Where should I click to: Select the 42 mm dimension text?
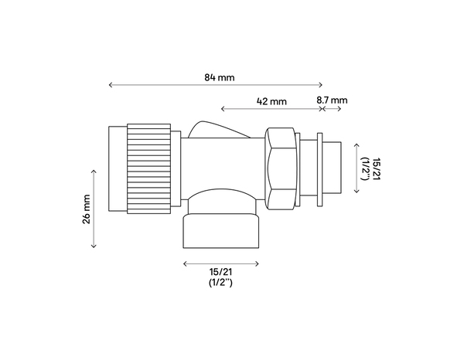click(x=271, y=101)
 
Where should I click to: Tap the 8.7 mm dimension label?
click(x=333, y=101)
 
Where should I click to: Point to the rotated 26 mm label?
click(x=87, y=209)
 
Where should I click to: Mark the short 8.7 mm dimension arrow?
click(x=333, y=109)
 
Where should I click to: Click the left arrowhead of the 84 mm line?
click(x=111, y=86)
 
